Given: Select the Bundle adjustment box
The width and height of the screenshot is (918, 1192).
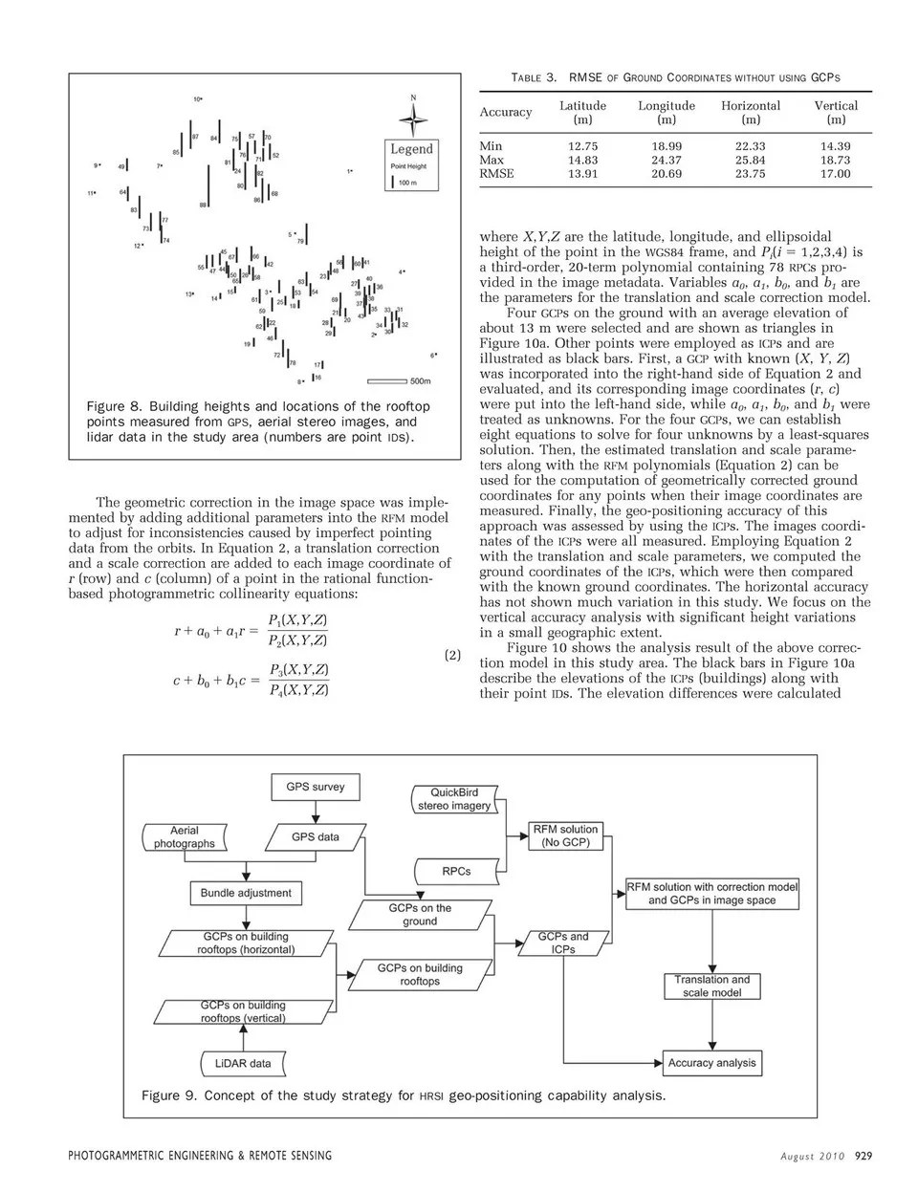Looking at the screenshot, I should click(246, 893).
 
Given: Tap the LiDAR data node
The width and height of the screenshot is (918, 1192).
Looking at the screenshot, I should click(235, 1062).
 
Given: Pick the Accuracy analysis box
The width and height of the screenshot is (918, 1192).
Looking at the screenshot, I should click(711, 1062).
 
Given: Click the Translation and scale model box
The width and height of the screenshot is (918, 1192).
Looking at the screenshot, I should click(711, 986).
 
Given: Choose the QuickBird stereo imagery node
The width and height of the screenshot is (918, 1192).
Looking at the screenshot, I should click(453, 799).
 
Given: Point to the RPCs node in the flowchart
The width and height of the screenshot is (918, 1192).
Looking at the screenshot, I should click(455, 871).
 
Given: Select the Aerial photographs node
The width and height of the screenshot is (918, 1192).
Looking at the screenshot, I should click(185, 837).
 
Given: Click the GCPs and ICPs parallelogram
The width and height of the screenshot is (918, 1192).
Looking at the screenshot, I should click(563, 943).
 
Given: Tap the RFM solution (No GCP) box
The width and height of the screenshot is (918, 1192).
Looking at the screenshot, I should click(565, 835).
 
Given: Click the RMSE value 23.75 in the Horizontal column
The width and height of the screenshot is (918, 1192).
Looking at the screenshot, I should click(750, 174).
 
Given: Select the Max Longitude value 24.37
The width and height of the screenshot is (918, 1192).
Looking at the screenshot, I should click(667, 161).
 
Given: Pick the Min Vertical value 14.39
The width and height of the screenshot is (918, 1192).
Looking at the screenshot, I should click(835, 146).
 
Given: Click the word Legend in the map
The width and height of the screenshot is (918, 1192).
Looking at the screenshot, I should click(412, 149).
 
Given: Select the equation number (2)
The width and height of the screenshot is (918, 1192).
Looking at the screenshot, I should click(452, 656).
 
